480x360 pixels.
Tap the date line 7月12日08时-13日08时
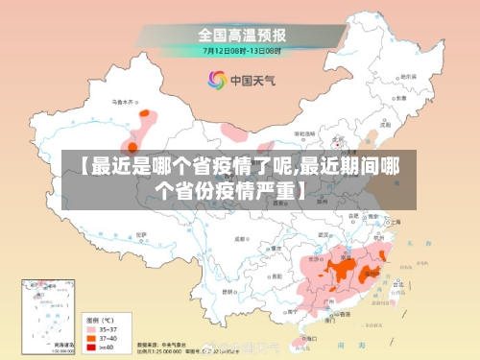[x=241, y=49]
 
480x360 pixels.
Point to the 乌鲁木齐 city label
[x=125, y=100]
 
